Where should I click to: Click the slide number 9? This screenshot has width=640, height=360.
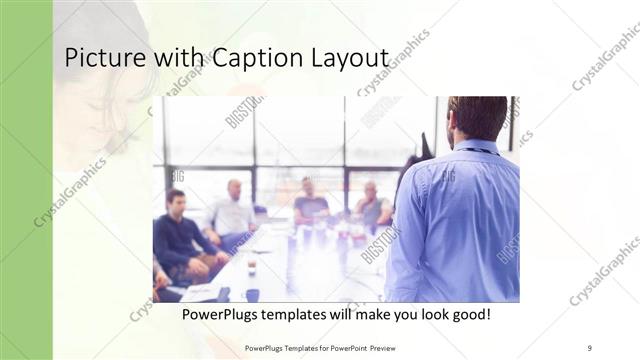590,348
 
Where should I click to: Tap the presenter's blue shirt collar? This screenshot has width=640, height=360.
479,147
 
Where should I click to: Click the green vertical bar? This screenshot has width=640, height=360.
26,180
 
